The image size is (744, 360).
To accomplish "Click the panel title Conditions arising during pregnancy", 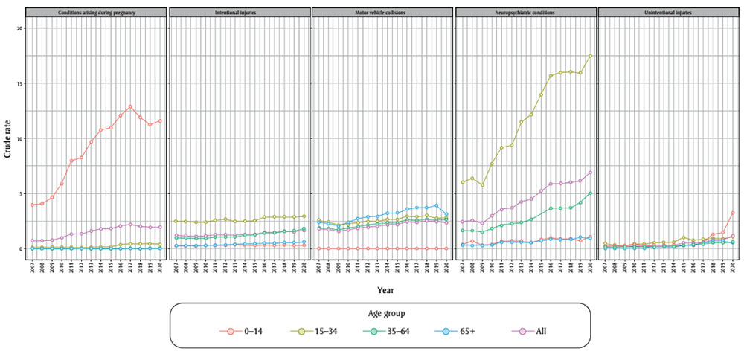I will coord(97,13).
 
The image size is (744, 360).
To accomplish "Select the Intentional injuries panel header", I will coord(239,13).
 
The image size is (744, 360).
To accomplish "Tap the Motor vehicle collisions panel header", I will coord(382,13).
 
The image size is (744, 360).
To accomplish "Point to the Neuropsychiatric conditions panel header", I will coord(525,13).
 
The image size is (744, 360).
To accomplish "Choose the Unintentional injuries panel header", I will coord(667,13).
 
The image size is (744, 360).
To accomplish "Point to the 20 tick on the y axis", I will coord(21,28).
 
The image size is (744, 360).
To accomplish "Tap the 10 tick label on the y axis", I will coord(21,138).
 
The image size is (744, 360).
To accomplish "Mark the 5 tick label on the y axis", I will coord(22,193).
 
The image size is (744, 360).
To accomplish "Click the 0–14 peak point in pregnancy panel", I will coord(130,106).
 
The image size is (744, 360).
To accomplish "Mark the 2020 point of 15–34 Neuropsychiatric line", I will coord(590,56).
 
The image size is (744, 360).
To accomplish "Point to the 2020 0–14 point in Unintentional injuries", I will coord(733,213).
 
